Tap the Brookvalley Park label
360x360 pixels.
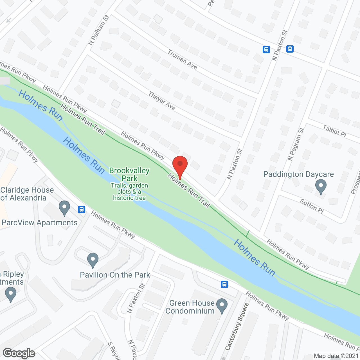[x=129, y=174]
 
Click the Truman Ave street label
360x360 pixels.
[x=182, y=59]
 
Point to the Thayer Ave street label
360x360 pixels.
[x=162, y=101]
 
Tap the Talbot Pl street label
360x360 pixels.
[x=334, y=131]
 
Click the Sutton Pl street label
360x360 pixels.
[x=312, y=206]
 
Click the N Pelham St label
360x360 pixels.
[x=99, y=30]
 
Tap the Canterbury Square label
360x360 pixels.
[x=237, y=327]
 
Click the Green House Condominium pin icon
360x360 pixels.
[x=222, y=306]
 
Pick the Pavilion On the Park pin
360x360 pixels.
[x=93, y=260]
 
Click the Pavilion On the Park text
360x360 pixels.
[x=115, y=275]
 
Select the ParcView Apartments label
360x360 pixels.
[x=39, y=223]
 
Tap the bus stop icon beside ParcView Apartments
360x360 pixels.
[x=82, y=209]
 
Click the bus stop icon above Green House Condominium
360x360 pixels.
[x=224, y=284]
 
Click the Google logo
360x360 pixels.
[x=19, y=353]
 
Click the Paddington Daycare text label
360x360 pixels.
[x=298, y=174]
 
